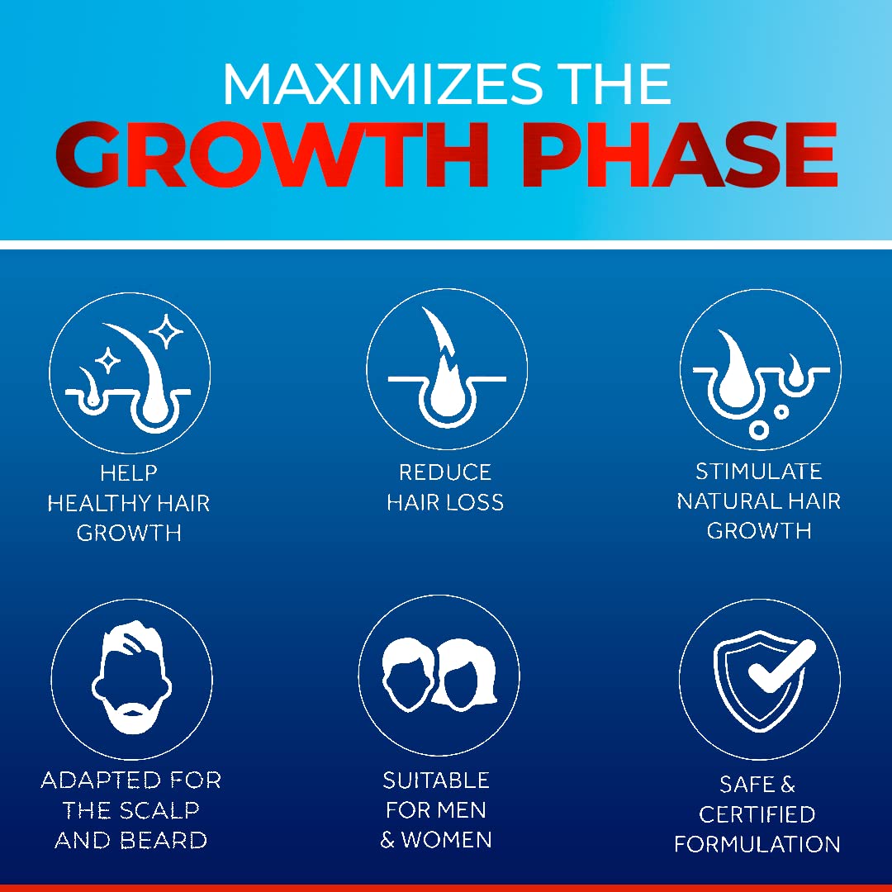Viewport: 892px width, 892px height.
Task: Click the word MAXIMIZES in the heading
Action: pos(383,84)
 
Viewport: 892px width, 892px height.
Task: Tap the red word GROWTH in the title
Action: pos(272,154)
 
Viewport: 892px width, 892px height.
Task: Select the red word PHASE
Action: pos(679,154)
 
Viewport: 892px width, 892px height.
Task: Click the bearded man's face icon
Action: pos(131,677)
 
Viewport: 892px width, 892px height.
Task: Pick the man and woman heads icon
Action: pos(439,675)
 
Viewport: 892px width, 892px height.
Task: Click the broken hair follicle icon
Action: pos(447,368)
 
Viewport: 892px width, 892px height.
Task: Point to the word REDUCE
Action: pos(445,472)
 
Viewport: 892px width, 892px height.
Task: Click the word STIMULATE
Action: pos(759,471)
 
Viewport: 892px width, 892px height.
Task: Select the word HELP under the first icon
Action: pos(129,472)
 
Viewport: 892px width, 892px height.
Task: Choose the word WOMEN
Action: pos(447,840)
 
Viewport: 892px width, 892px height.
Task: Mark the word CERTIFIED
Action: pos(757,814)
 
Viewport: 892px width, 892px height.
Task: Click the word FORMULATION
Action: pos(757,844)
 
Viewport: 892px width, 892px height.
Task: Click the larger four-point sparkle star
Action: pos(166,331)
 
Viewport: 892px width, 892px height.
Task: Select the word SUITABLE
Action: pos(436,780)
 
